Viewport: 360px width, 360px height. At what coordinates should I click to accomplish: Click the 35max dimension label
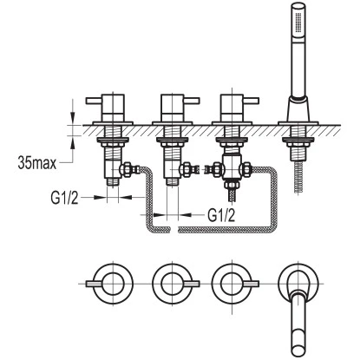[36, 163]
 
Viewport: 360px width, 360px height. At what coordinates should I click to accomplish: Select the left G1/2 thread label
[64, 198]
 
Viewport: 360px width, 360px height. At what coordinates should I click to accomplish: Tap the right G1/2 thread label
[221, 215]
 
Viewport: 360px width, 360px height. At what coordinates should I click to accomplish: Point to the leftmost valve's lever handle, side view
[95, 101]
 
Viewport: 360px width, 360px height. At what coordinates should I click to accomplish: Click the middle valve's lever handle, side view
[191, 101]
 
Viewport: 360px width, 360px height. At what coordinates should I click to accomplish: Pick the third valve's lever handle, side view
[251, 101]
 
